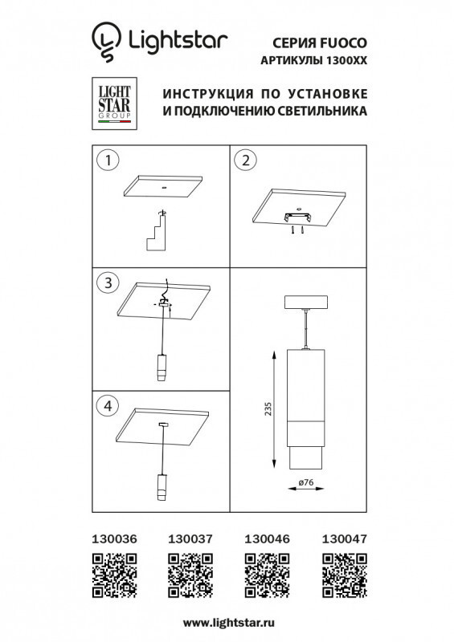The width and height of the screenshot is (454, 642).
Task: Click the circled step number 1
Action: (x=105, y=160)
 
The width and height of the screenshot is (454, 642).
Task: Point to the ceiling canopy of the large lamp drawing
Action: (x=305, y=303)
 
